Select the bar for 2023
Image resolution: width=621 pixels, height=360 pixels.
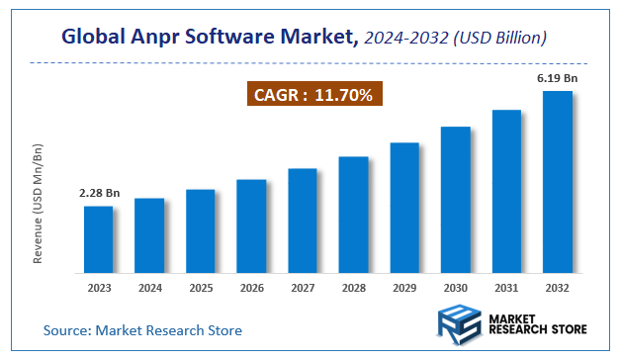coord(98,239)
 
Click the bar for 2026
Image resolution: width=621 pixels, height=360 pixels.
coord(251,226)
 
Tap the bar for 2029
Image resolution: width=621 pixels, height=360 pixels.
coord(404,208)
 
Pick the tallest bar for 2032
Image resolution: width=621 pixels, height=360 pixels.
coord(558,182)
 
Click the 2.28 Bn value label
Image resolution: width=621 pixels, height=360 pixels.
coord(98,193)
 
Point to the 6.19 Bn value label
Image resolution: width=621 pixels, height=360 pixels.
coord(558,76)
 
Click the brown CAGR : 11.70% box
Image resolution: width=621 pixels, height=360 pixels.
coord(312,95)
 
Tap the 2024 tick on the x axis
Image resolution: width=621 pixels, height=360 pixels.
coord(149,289)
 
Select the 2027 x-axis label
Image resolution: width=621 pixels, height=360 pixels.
coord(303,289)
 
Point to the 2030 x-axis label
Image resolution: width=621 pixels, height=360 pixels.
coord(456,289)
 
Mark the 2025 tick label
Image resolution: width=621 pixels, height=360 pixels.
coord(201,289)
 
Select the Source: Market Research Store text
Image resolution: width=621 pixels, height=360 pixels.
coord(141,329)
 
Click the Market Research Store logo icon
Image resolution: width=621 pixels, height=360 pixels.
coord(457,323)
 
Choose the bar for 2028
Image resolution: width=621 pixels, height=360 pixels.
coord(353,215)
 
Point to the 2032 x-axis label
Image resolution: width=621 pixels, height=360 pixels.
coord(558,289)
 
